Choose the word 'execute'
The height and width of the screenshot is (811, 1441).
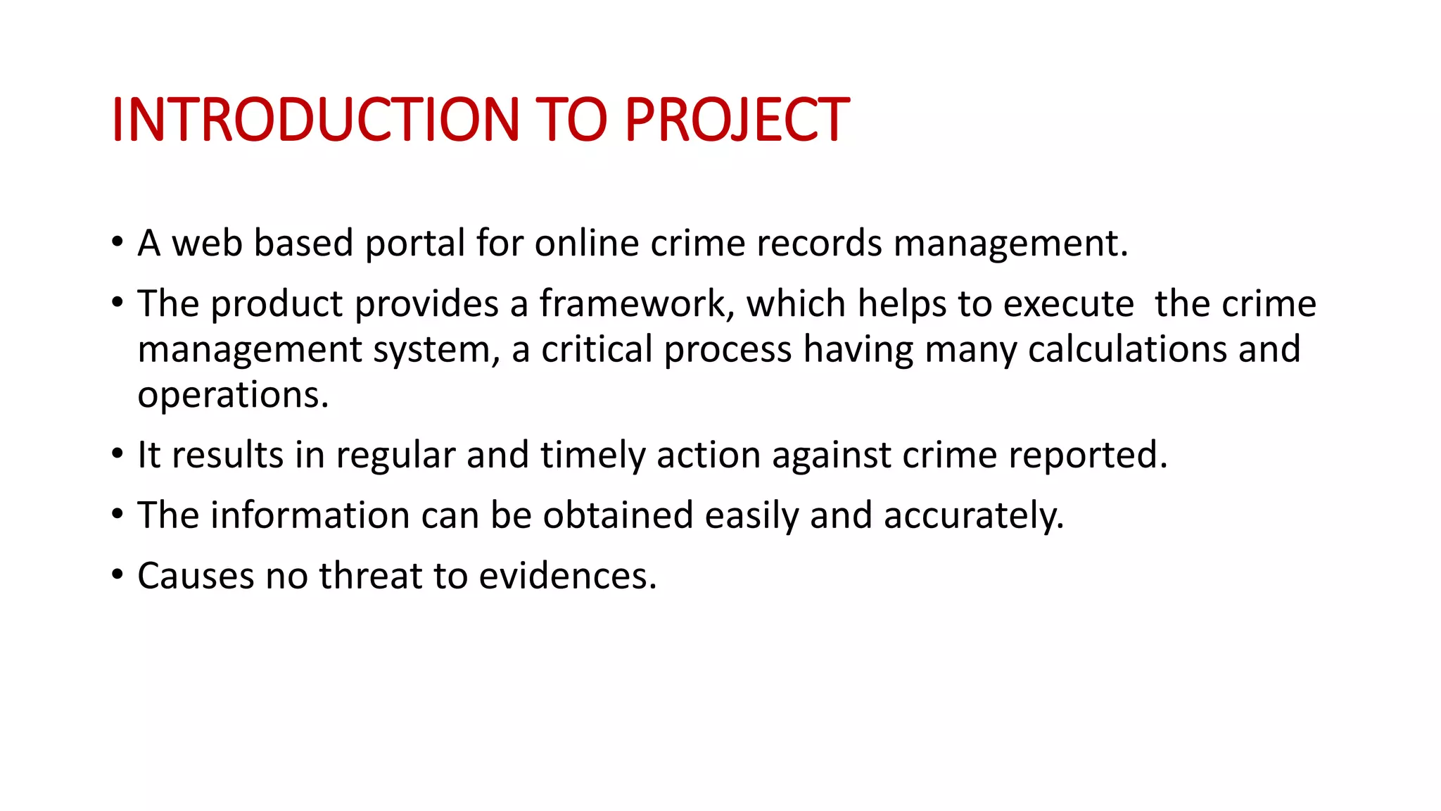point(1068,304)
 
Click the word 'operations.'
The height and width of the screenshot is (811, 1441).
point(233,396)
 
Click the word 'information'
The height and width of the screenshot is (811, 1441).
point(310,515)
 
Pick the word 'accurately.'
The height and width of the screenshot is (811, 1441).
point(974,515)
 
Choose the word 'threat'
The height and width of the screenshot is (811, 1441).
point(370,576)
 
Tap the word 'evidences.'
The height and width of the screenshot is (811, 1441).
point(568,576)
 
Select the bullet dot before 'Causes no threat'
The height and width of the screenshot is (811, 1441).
point(117,575)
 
